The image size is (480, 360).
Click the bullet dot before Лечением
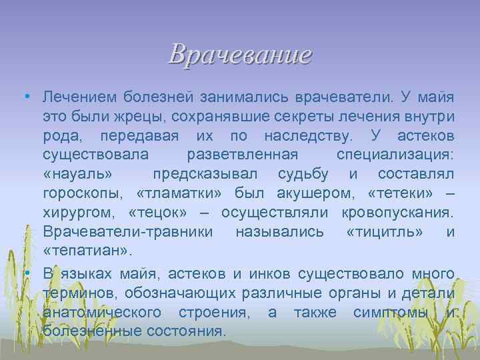tap(24, 97)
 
